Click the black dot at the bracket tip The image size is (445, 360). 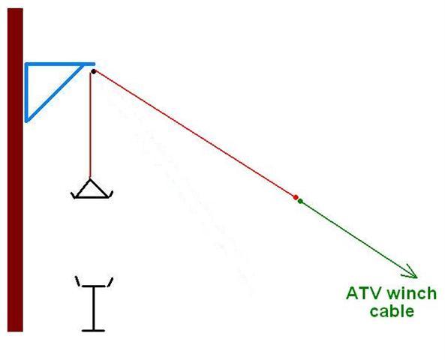pos(93,72)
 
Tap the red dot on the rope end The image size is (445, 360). pos(296,197)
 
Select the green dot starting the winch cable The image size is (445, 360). pos(300,202)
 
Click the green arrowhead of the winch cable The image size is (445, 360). pos(411,272)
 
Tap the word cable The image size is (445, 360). pos(392,311)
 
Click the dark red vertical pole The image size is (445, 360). pos(15,169)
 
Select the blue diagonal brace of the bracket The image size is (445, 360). pos(55,93)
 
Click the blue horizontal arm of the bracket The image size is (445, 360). pos(60,64)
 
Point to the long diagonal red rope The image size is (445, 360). pos(194,134)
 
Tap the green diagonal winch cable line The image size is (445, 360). pos(358,238)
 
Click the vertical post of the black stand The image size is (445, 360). pos(93,308)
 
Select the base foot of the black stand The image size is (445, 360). pos(93,331)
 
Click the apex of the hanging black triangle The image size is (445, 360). pos(90,178)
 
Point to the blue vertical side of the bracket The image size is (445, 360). pos(27,92)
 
